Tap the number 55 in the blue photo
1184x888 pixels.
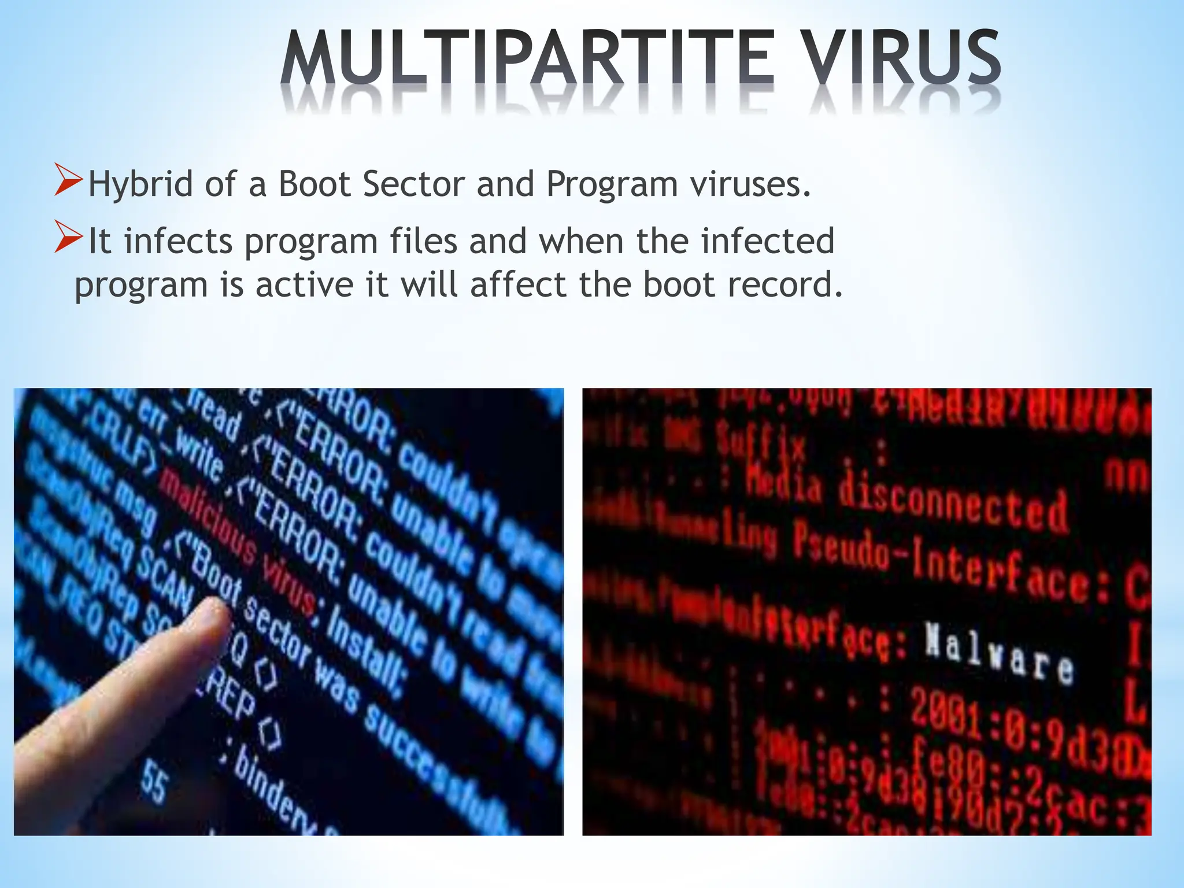[x=154, y=780]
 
